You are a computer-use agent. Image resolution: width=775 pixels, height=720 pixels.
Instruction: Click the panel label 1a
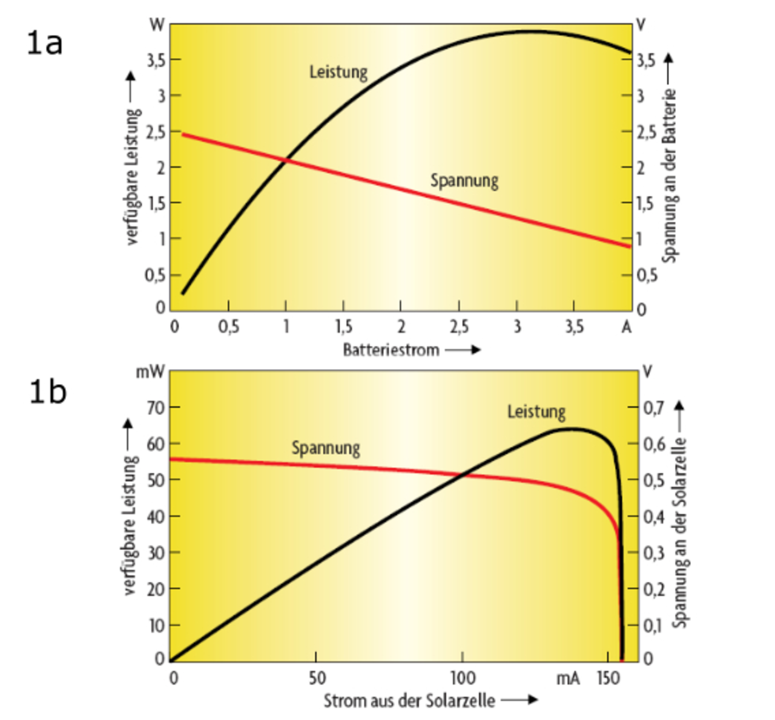click(x=45, y=43)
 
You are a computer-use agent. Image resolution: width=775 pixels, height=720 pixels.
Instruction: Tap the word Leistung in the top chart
click(x=338, y=72)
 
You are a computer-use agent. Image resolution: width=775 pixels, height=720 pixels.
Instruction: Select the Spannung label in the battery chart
click(x=464, y=181)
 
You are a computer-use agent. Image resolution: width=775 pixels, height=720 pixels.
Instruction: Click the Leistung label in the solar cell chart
click(x=536, y=413)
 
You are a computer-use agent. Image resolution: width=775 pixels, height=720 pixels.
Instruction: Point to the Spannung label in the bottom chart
click(x=326, y=448)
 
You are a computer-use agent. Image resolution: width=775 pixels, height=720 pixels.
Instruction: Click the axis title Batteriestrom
click(x=391, y=350)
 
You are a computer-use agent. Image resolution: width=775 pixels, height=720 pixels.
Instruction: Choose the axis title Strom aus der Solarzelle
click(x=409, y=701)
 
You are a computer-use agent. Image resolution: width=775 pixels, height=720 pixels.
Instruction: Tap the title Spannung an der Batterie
click(x=669, y=175)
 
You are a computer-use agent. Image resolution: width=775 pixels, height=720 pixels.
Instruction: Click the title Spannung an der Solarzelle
click(x=681, y=532)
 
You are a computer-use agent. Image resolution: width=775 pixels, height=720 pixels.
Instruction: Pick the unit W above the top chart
click(x=157, y=25)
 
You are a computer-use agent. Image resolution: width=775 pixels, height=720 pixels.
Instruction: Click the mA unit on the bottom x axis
click(x=568, y=678)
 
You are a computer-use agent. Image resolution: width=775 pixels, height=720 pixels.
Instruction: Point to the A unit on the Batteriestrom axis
click(x=627, y=327)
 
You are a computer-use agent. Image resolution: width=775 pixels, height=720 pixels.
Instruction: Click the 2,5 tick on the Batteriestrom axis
click(x=459, y=327)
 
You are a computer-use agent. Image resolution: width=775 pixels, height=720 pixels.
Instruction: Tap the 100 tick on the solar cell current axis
click(x=463, y=678)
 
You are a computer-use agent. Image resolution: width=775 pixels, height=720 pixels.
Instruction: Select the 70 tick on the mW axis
click(x=156, y=408)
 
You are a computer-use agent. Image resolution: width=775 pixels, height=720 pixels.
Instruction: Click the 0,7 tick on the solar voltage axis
click(x=654, y=408)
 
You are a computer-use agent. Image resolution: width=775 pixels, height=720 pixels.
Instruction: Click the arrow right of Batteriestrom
click(x=463, y=350)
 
